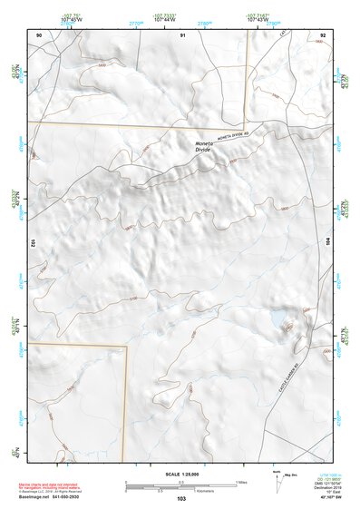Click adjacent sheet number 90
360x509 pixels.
coord(39,34)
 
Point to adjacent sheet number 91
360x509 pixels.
coord(182,34)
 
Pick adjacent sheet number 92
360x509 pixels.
coord(324,34)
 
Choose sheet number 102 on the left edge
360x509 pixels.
coord(32,243)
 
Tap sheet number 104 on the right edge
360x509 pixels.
coord(329,243)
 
